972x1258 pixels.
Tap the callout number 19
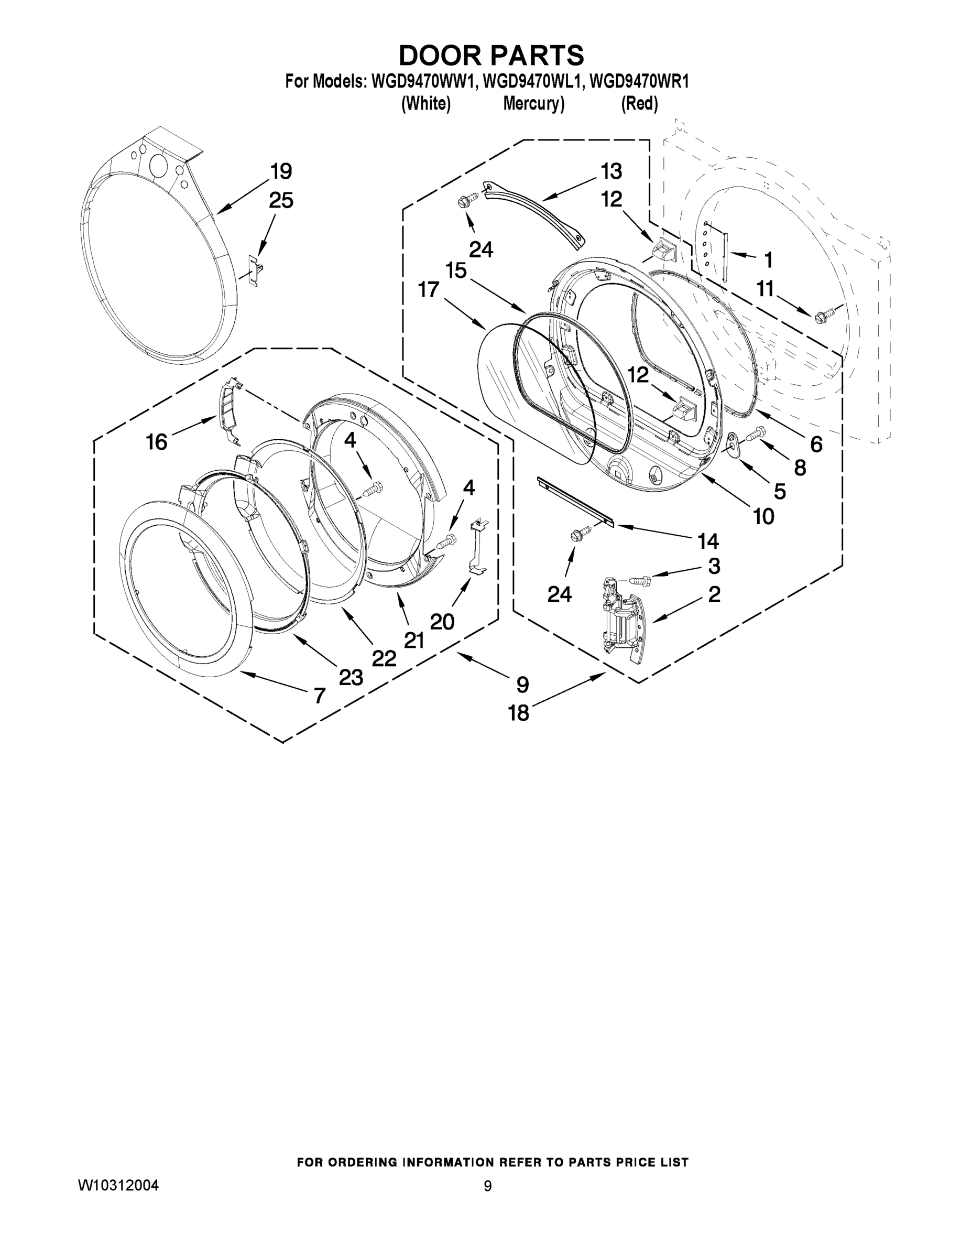[x=281, y=171]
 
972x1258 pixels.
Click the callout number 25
[x=281, y=200]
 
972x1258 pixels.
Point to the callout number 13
[x=611, y=171]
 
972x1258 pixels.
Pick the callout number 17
[x=429, y=290]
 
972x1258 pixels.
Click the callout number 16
[x=157, y=442]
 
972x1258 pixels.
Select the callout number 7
[x=320, y=696]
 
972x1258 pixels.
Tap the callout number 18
[x=518, y=713]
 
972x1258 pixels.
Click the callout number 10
[x=763, y=517]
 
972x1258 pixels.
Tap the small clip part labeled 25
[x=256, y=269]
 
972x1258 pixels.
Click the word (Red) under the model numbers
[x=639, y=104]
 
